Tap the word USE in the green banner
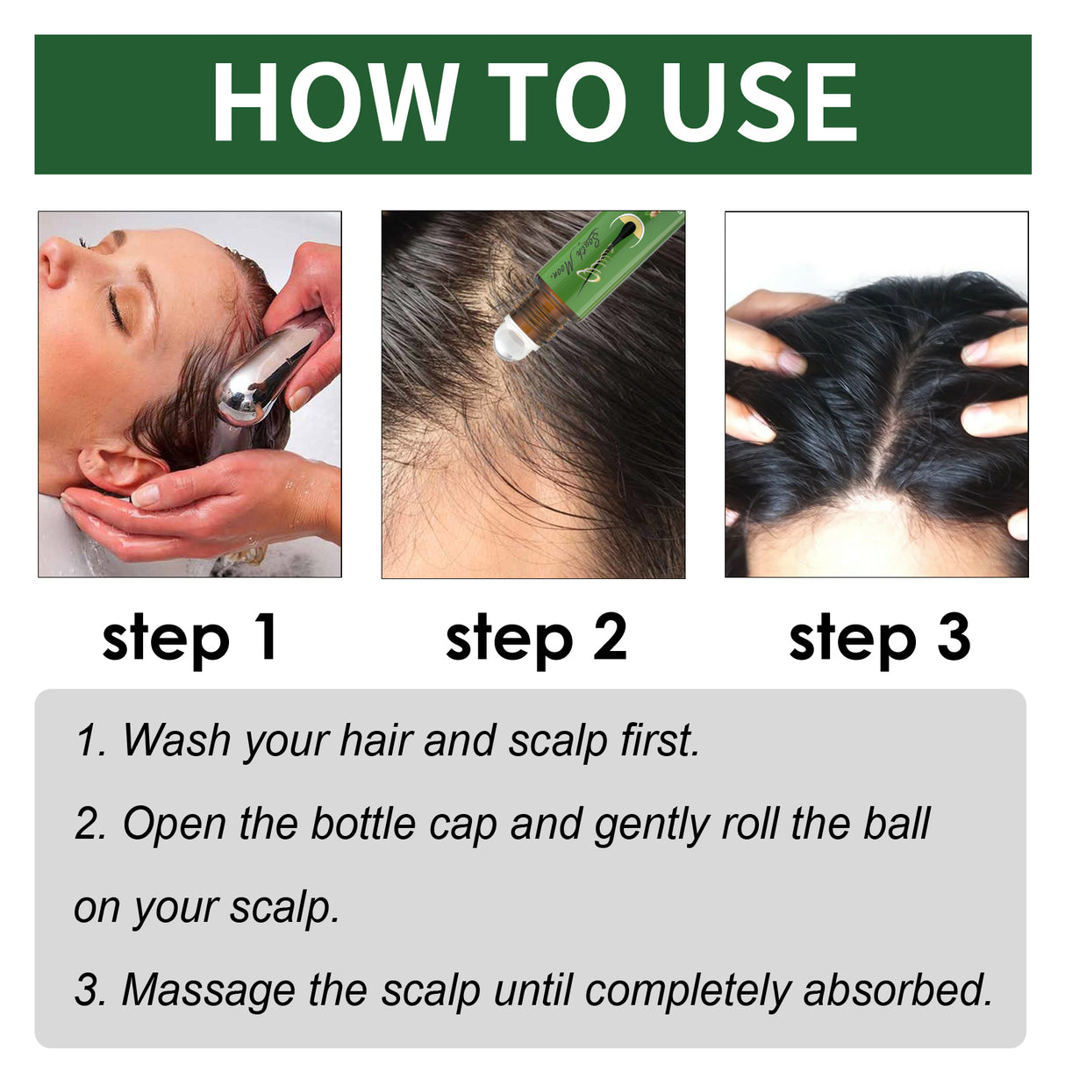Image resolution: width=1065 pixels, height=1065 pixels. [758, 103]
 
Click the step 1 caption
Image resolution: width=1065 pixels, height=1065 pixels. [189, 638]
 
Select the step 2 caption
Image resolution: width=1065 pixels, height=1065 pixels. [536, 638]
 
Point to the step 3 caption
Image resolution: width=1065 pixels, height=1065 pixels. [879, 638]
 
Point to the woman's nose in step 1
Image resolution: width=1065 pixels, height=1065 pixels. [54, 263]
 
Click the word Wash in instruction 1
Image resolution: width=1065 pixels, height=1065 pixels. [175, 740]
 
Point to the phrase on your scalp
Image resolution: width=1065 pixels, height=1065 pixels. [206, 909]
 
